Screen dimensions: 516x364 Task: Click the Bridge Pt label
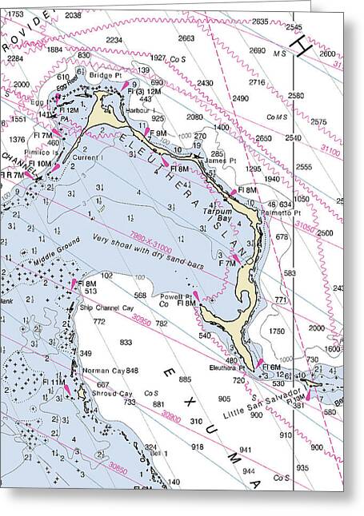click(x=106, y=75)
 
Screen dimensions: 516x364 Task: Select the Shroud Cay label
click(x=112, y=393)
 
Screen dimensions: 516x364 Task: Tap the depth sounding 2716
click(x=257, y=82)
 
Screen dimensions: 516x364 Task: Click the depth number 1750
click(x=277, y=330)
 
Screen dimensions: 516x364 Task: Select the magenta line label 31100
click(x=328, y=149)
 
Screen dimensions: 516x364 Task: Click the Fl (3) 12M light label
click(x=145, y=91)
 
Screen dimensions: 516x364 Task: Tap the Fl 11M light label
click(x=54, y=383)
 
